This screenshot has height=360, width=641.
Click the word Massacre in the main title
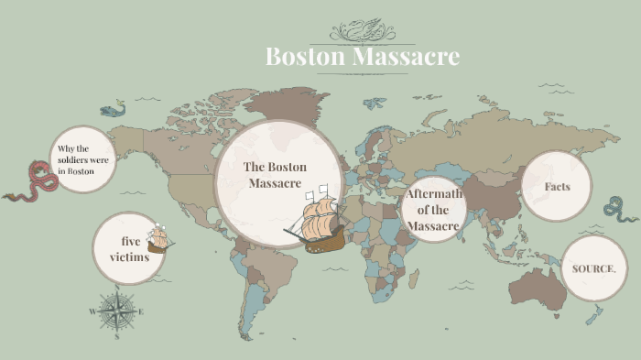tap(404, 57)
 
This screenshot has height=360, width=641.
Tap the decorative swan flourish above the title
tap(362, 31)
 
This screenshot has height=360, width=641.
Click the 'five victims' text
tap(129, 248)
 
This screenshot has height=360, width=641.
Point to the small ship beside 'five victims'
tap(159, 238)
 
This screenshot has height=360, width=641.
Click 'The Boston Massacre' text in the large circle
tap(275, 175)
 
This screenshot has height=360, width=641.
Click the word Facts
tap(557, 187)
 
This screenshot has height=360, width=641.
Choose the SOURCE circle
tap(593, 268)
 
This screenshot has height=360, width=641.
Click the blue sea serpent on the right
tap(621, 210)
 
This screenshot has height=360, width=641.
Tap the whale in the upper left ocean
tap(112, 111)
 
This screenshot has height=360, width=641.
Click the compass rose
tap(116, 311)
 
